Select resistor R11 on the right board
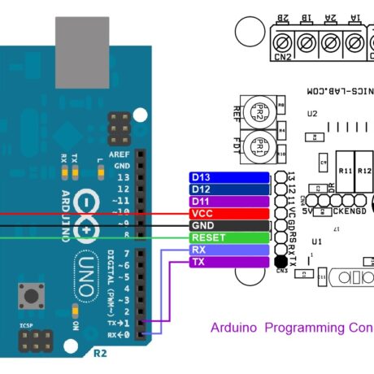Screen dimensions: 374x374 click(344, 172)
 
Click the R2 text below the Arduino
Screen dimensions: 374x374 click(100, 354)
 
